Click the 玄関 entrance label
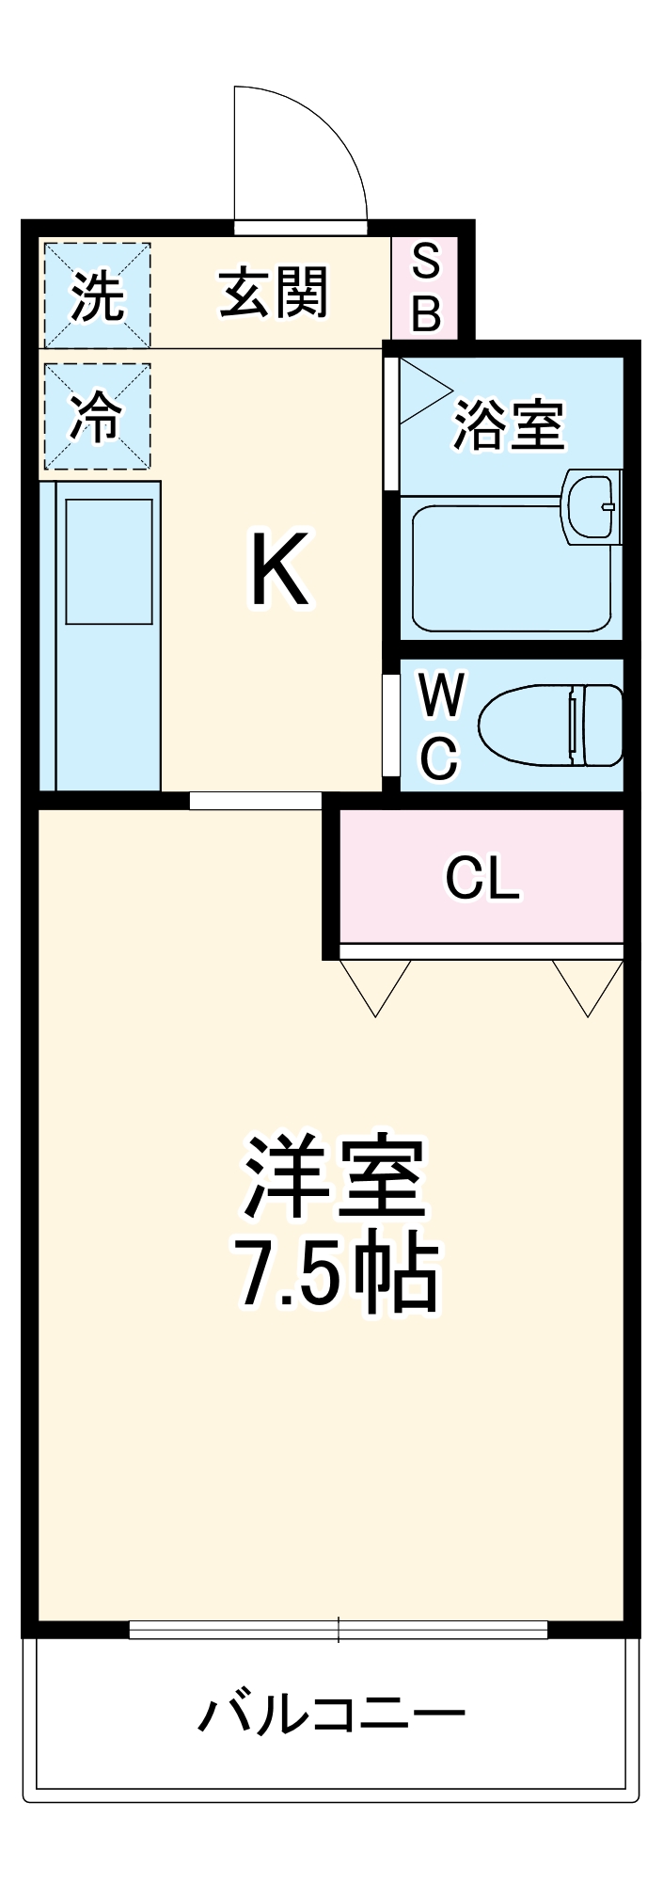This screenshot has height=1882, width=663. click(274, 293)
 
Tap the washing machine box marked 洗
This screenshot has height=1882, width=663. click(97, 295)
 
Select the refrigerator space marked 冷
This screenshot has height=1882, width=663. click(97, 416)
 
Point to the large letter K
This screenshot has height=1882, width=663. click(279, 569)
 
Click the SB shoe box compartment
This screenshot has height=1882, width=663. click(425, 288)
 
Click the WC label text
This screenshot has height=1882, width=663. click(440, 725)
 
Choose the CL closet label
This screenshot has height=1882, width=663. click(481, 878)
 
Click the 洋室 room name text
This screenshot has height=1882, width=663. click(336, 1177)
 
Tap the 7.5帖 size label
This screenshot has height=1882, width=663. click(336, 1275)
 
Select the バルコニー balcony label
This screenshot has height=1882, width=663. click(331, 1714)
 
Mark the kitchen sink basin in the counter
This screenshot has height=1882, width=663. click(108, 561)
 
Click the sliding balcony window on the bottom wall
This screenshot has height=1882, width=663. click(338, 1629)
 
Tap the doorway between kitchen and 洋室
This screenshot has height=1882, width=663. click(255, 801)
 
